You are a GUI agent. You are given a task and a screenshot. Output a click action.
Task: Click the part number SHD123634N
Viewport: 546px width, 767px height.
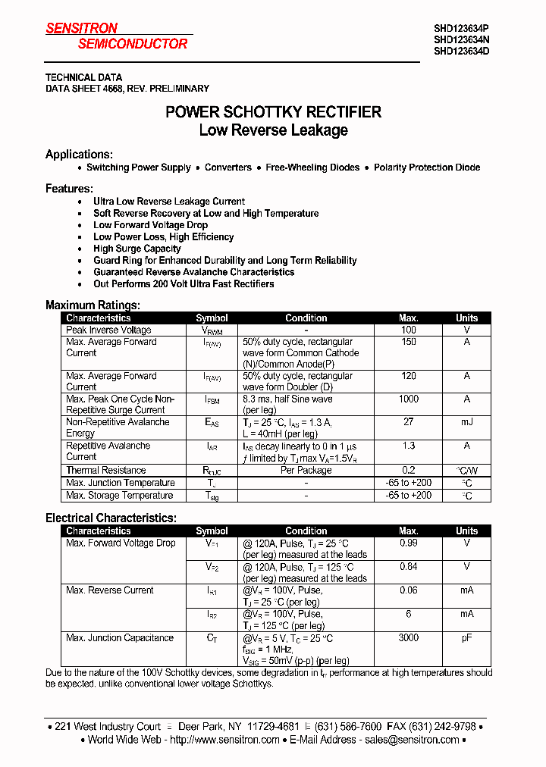[x=461, y=40]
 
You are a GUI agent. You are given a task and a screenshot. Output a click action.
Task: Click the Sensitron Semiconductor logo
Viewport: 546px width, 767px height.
[x=116, y=36]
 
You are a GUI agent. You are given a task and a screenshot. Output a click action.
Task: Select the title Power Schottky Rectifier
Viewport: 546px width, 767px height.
[x=273, y=112]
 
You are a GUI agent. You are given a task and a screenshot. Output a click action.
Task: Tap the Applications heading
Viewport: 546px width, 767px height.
[x=79, y=154]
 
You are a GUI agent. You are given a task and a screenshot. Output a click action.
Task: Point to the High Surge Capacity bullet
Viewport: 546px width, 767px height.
[x=136, y=249]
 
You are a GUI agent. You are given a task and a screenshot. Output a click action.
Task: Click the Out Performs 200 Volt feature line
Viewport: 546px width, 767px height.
[x=184, y=283]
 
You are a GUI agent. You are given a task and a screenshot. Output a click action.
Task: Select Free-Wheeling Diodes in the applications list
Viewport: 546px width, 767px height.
[x=312, y=167]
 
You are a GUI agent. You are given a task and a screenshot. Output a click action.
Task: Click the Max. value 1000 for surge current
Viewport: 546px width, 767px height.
[x=408, y=399]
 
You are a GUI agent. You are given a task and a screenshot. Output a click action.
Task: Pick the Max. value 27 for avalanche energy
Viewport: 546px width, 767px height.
[x=408, y=422]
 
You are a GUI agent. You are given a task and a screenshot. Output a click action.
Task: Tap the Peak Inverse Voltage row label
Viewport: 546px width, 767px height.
[x=108, y=330]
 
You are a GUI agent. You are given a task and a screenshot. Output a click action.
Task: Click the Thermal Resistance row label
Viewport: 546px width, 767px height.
[x=105, y=470]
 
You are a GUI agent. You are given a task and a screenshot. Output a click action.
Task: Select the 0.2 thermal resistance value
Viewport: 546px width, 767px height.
[x=408, y=470]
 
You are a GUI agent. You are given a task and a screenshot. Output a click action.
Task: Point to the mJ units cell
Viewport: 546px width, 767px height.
[x=466, y=422]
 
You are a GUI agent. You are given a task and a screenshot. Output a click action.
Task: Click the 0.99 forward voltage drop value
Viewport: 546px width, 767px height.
[x=408, y=543]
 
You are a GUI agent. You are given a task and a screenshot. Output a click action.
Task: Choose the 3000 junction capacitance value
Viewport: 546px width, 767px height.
[x=408, y=638]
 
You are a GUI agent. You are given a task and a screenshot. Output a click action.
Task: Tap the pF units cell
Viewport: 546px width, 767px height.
[x=466, y=638]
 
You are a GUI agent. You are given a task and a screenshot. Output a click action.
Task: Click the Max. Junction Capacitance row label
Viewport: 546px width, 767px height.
[x=120, y=638]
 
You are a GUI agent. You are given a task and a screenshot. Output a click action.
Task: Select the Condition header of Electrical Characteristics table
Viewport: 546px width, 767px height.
[x=306, y=531]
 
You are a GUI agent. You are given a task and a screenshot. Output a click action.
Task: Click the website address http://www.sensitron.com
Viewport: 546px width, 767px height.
[x=225, y=740]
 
